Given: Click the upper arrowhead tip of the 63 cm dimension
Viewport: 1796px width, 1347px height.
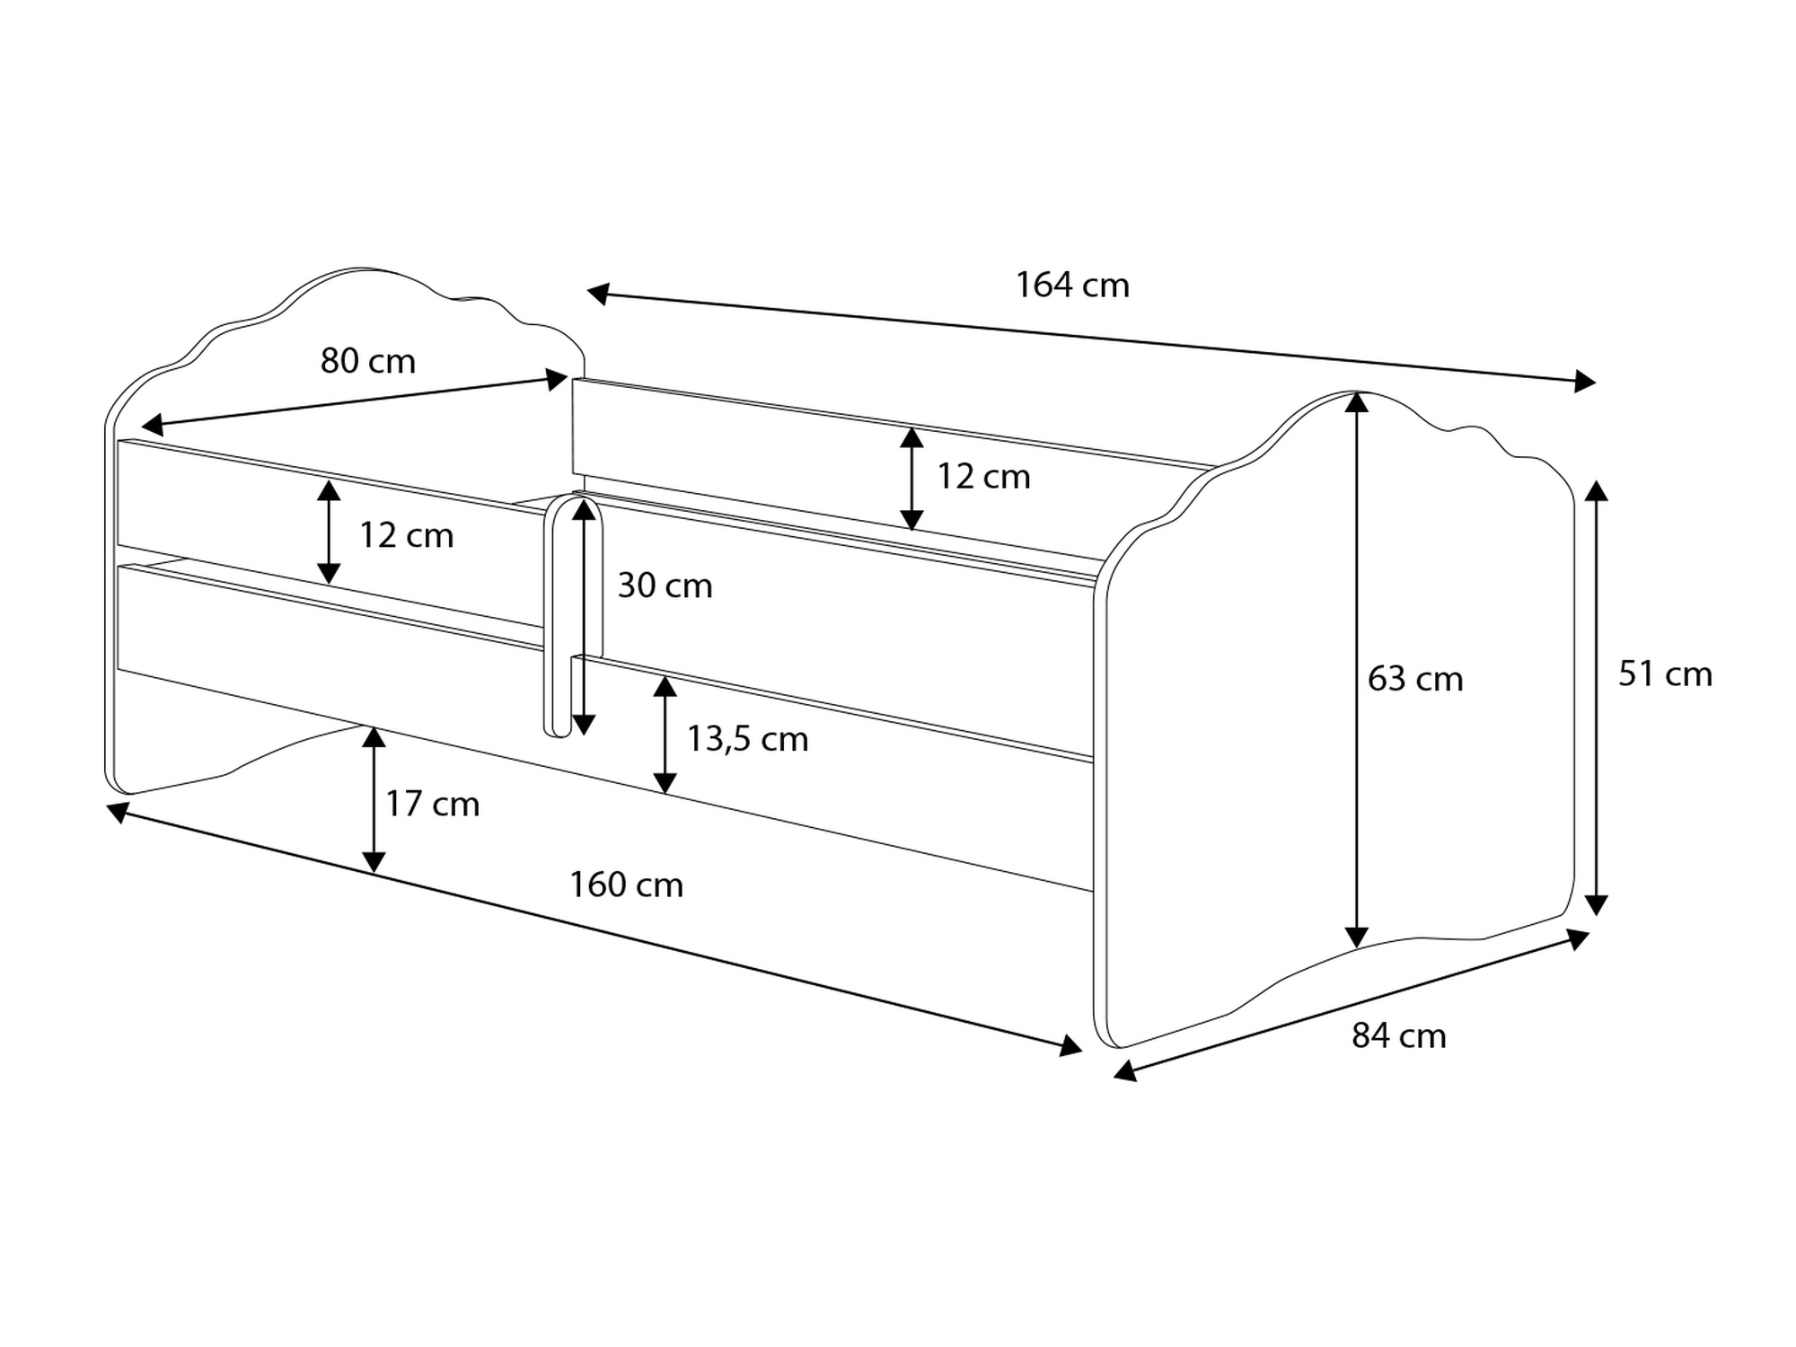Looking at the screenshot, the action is point(1357,392).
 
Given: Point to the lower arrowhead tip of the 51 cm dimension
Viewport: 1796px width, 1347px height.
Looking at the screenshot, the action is point(1596,915).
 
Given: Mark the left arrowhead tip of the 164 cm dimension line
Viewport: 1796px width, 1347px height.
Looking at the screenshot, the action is point(587,292).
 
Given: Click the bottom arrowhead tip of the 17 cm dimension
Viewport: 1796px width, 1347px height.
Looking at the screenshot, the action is point(374,873).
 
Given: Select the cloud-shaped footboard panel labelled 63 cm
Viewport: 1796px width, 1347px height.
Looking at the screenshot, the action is point(1338,718).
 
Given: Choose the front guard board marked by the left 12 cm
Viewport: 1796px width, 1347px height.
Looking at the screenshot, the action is point(330,533).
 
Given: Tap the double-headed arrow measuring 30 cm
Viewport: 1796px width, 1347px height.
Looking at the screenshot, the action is point(584,617).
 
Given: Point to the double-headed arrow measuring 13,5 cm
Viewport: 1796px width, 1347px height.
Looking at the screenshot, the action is point(665,735).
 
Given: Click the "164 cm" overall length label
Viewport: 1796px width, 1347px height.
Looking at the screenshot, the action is point(1072,285).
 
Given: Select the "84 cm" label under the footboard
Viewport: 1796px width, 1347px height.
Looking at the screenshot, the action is point(1399,1036).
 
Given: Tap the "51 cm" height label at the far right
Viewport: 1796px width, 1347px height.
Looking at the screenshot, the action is point(1665,674).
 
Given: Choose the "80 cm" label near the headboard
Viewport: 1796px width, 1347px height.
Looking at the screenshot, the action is point(368,361).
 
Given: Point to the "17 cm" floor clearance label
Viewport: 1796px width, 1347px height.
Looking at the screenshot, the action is point(433,804).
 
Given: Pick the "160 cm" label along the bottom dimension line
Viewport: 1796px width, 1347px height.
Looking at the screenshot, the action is point(627,885).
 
